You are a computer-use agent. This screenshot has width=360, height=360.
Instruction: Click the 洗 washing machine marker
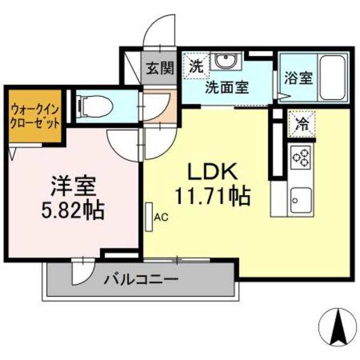tap(195, 65)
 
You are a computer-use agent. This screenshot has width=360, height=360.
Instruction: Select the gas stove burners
tap(301, 157)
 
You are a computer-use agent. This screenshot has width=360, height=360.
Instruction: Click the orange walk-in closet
tap(35, 115)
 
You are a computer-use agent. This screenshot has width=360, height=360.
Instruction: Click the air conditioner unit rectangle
tap(148, 216)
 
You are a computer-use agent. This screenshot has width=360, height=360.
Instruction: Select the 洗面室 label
tap(227, 88)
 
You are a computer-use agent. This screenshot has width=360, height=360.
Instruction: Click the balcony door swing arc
tap(83, 272)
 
